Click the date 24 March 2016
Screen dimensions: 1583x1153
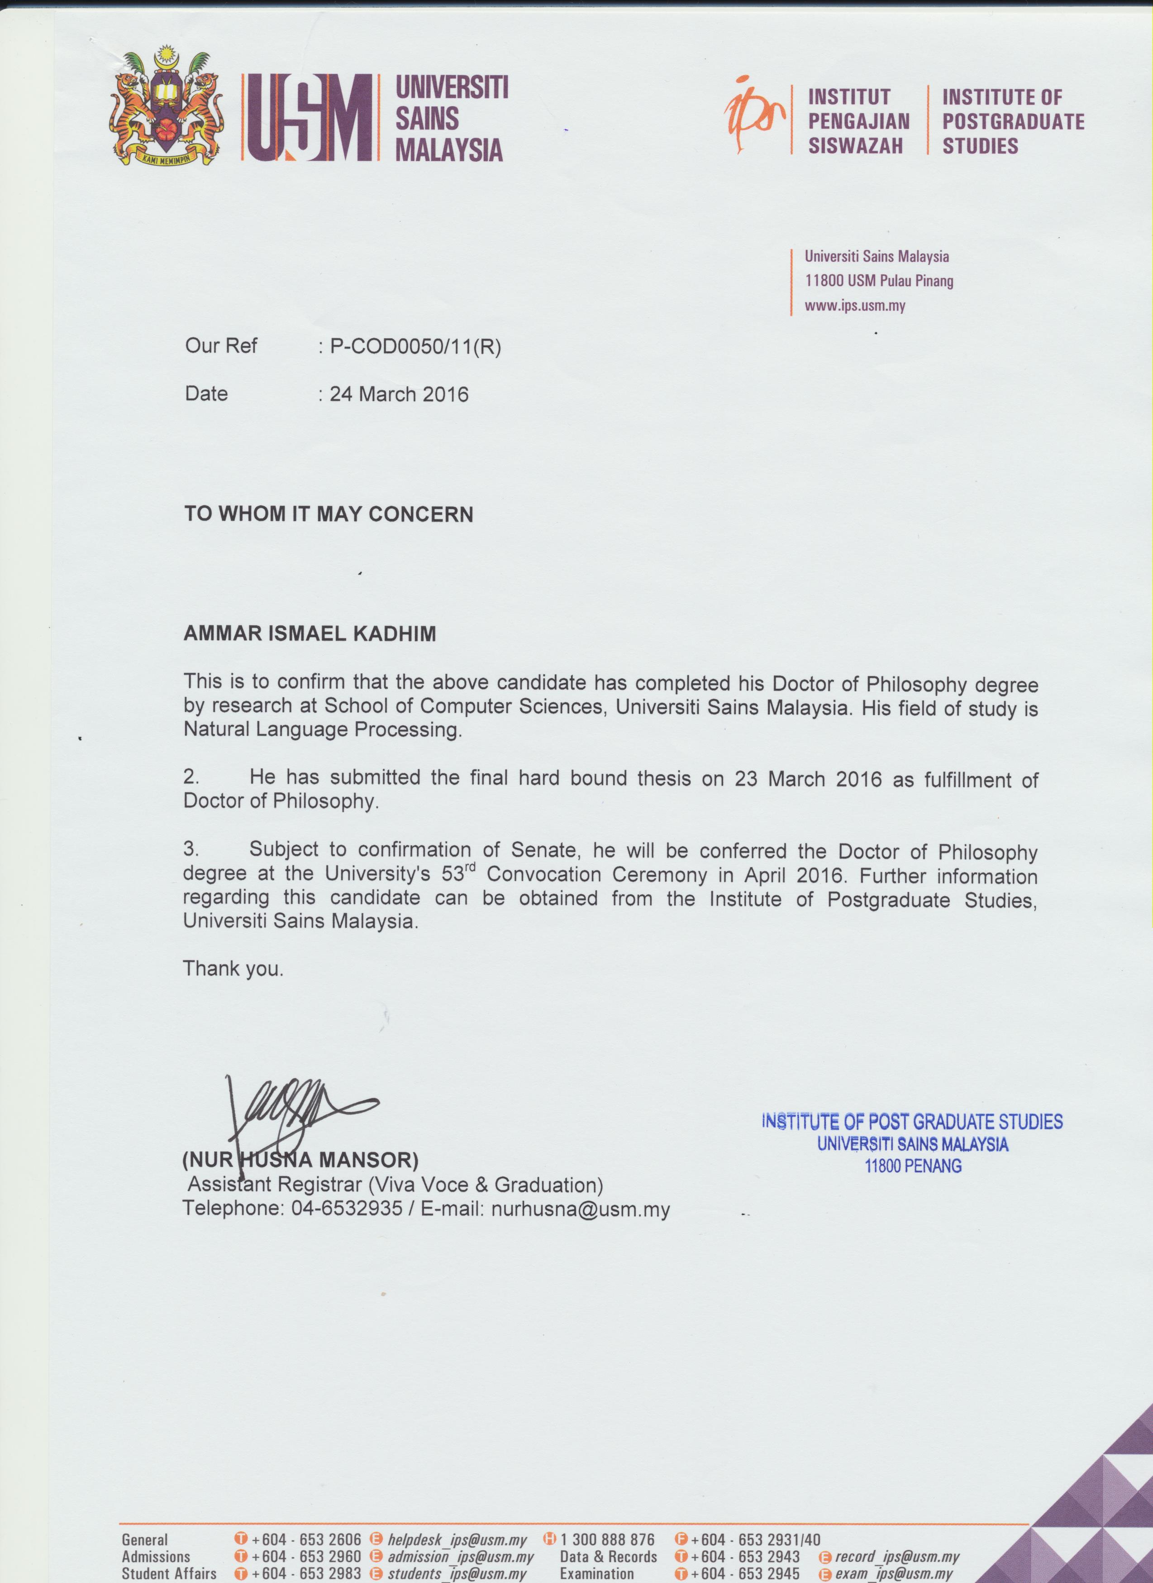(399, 394)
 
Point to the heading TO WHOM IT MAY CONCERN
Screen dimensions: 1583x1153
(329, 515)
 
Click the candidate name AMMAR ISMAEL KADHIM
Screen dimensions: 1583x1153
(309, 634)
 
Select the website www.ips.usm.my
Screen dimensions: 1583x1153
(854, 306)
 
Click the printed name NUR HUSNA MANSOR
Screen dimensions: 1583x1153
(300, 1161)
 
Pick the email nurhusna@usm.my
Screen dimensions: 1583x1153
(580, 1209)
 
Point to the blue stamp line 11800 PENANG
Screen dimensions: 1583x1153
(912, 1166)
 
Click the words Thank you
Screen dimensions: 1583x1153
(233, 969)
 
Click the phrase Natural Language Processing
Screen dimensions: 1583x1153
(323, 730)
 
